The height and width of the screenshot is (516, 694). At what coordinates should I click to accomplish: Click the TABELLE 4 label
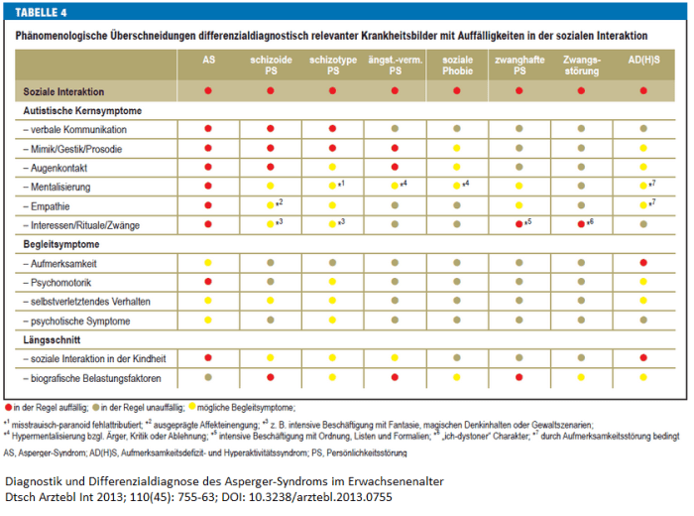tap(40, 14)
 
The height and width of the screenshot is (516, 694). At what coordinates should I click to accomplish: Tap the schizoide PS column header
tap(270, 65)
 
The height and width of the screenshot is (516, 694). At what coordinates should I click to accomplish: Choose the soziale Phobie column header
tap(457, 65)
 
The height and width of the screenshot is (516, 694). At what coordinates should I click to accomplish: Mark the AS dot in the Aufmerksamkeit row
tap(208, 263)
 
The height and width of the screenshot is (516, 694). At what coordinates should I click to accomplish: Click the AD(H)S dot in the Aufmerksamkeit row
tap(643, 263)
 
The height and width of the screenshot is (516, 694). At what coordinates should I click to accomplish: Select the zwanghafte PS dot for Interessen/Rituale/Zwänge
tap(518, 224)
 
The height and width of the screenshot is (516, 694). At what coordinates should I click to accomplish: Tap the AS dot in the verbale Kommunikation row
tap(208, 129)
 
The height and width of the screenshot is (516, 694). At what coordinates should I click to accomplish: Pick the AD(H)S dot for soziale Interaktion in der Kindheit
tap(643, 358)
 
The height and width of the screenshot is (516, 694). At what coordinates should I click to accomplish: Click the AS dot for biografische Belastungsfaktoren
tap(208, 377)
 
